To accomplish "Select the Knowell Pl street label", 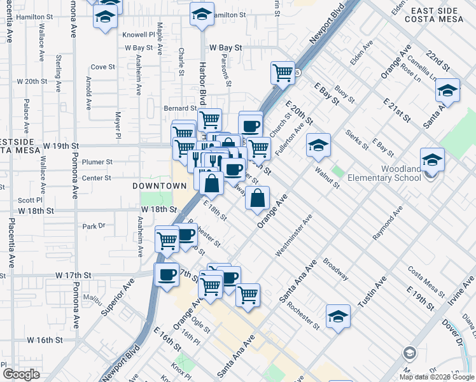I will coord(140,35).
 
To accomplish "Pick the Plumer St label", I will coord(97,162).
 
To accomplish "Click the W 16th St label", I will coord(53,340).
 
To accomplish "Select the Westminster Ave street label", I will coord(294,236).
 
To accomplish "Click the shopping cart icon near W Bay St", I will coord(283,72).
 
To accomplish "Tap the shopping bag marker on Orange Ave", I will coord(256,198).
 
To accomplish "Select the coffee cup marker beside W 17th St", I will coord(167,275).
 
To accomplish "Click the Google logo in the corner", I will coord(21,374).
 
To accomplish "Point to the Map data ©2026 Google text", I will coord(437,377).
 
